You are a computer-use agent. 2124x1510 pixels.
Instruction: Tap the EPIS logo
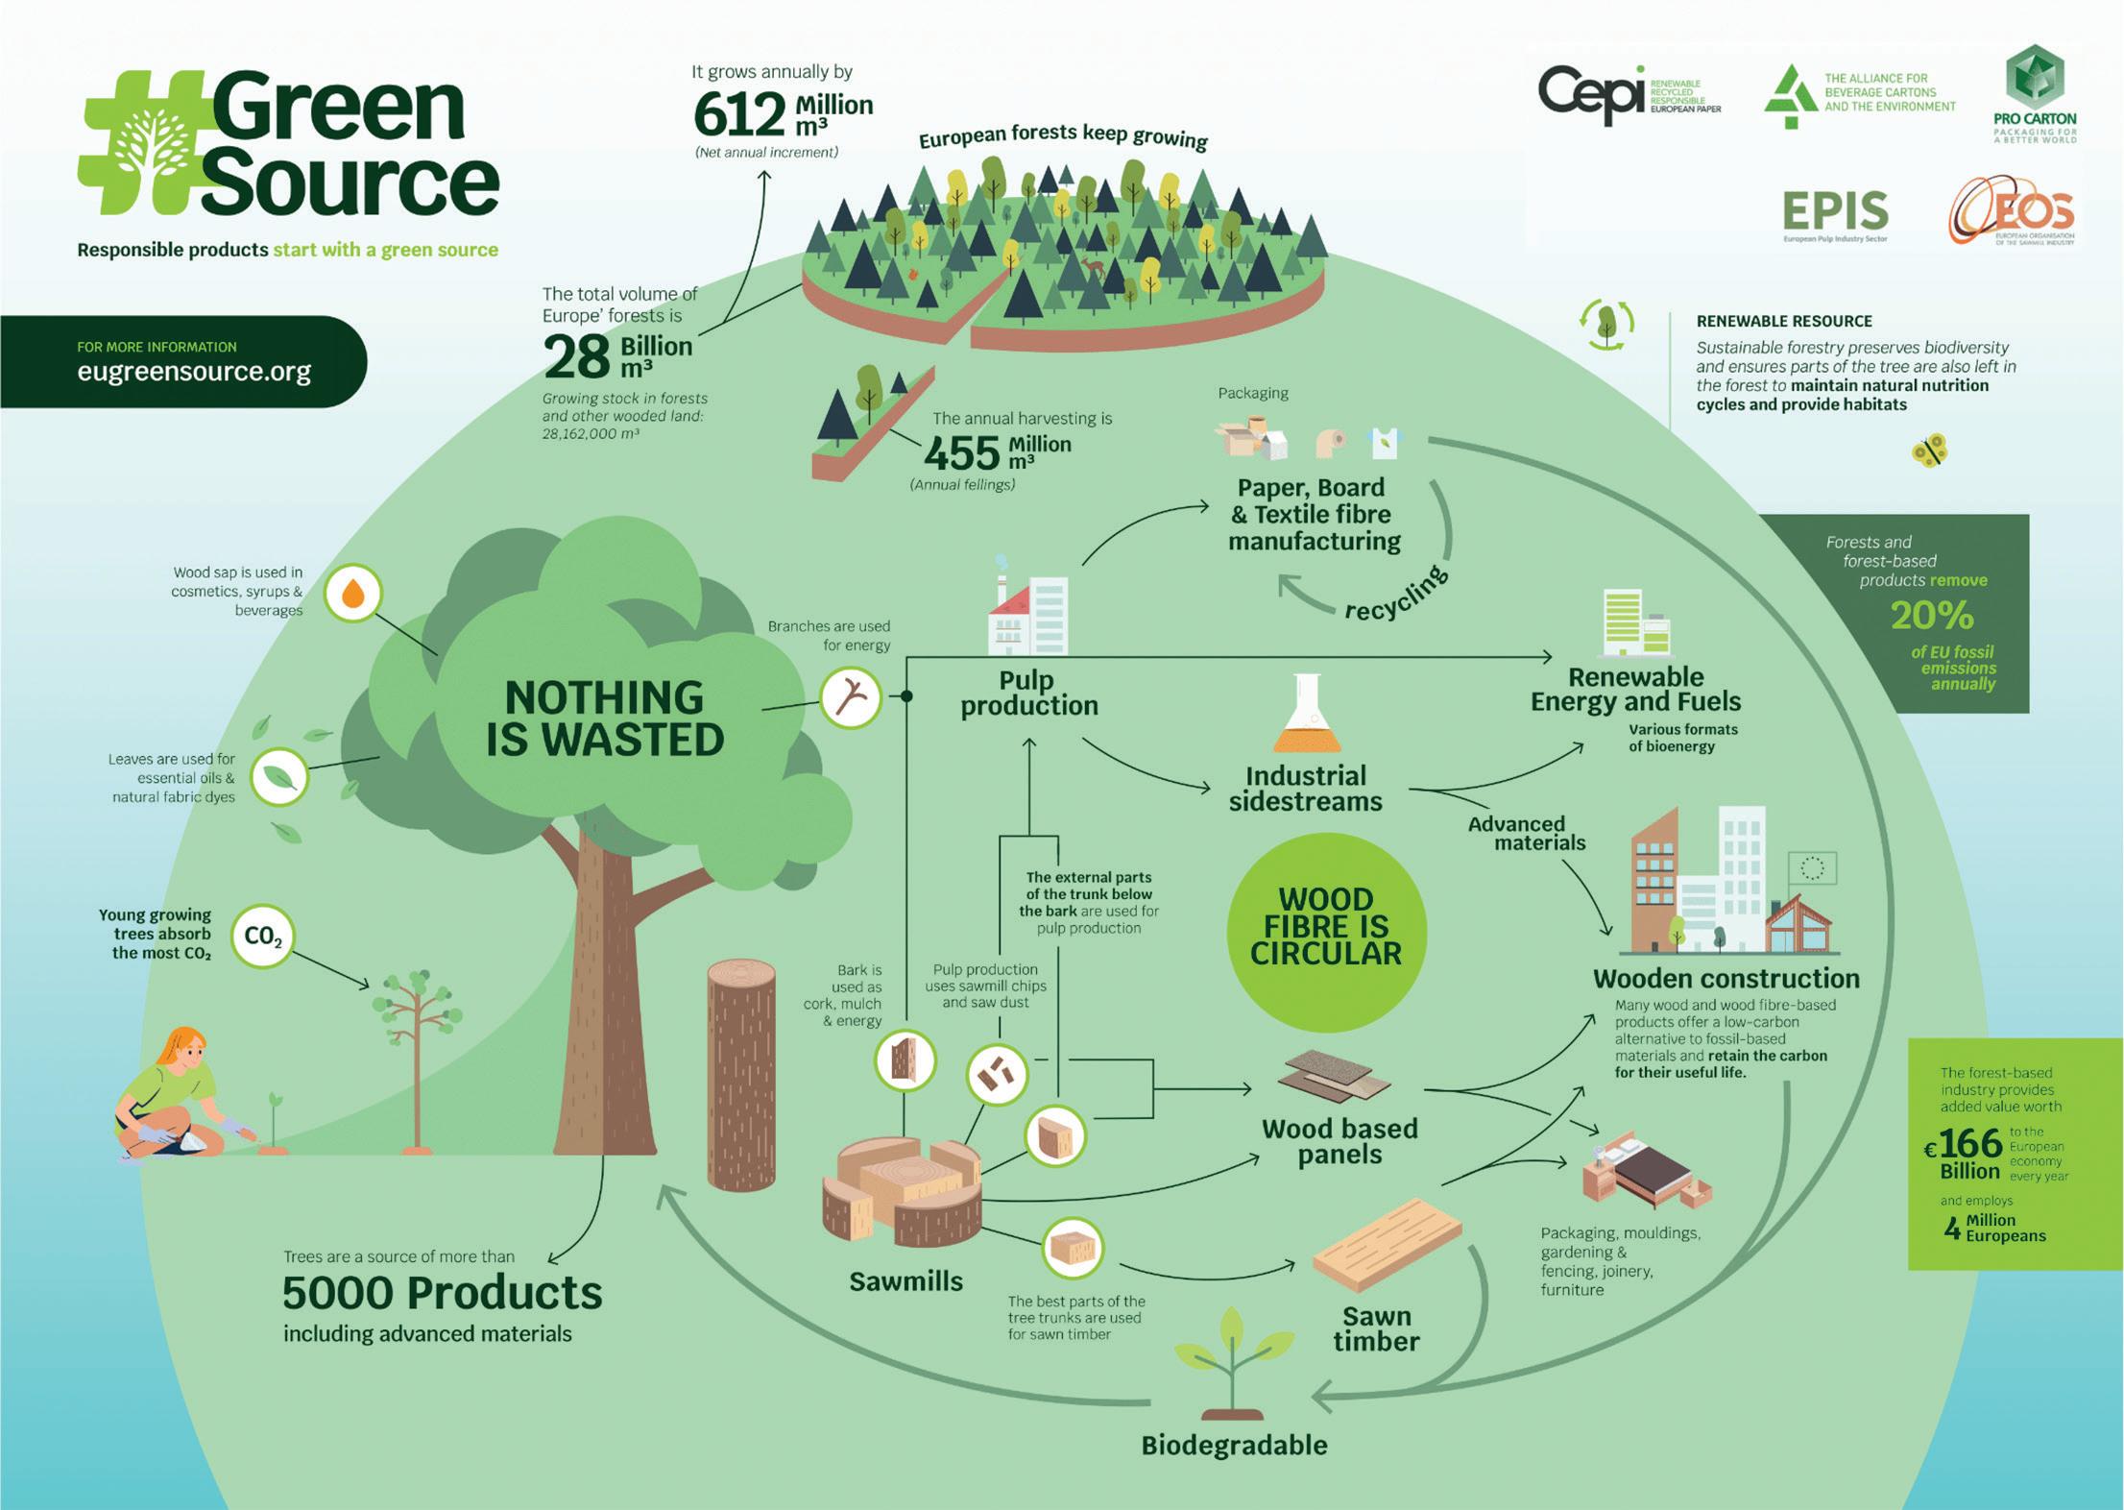coord(1835,212)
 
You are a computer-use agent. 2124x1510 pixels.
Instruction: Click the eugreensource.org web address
coord(194,372)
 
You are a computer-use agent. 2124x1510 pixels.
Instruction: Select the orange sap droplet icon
coord(353,594)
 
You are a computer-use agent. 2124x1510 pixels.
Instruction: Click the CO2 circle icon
coord(263,936)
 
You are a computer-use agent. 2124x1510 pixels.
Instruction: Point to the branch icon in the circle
coord(851,698)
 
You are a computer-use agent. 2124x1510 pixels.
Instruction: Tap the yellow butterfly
coord(1929,450)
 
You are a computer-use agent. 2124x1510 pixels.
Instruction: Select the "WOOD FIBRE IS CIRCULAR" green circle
coord(1326,928)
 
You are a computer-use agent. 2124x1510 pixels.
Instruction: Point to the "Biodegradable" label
coord(1234,1446)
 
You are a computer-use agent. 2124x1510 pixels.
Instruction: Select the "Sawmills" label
coord(905,1281)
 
